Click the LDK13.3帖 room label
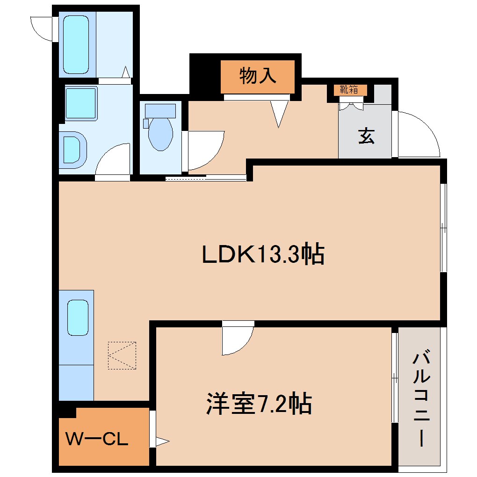click(263, 255)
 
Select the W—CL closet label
click(96, 439)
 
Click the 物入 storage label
click(258, 76)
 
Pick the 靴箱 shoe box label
click(350, 89)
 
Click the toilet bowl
click(160, 134)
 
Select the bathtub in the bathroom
click(75, 44)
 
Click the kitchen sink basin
click(78, 318)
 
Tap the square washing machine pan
click(80, 103)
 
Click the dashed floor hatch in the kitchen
click(122, 355)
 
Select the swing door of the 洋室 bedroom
click(238, 339)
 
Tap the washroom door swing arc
click(113, 159)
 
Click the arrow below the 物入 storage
click(279, 114)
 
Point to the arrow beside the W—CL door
click(162, 441)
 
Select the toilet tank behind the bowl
click(160, 111)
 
